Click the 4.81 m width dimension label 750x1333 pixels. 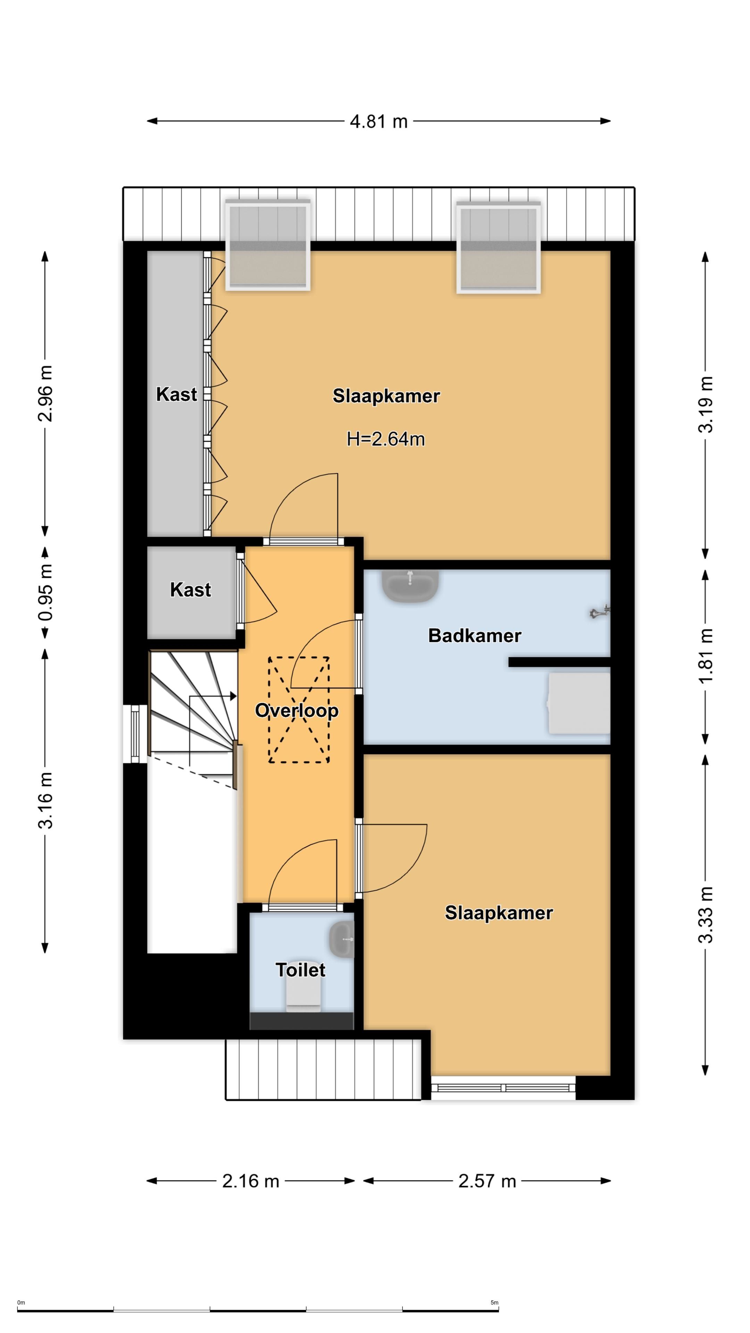378,121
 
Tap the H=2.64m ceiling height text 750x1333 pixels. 386,439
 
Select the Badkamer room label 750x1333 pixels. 475,636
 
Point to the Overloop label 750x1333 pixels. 297,711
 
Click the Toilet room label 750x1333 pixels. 300,970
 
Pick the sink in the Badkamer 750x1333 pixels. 410,586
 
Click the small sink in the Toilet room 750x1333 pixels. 342,939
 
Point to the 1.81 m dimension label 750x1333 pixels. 706,656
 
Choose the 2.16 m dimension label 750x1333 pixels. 250,1181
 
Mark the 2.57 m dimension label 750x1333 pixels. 487,1181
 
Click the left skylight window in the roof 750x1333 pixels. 268,245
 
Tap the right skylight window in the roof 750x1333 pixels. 499,248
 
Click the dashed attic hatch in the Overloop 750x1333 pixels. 299,710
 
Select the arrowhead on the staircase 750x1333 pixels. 233,696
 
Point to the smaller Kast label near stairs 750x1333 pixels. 191,590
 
